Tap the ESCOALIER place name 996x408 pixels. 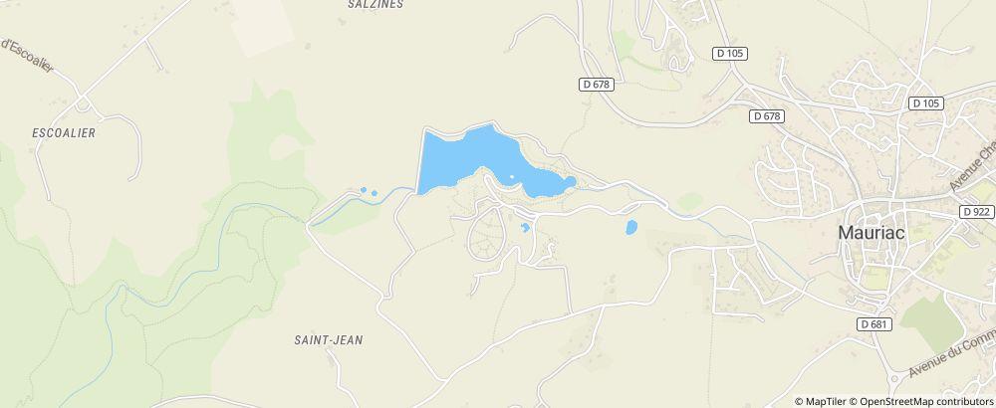(x=64, y=132)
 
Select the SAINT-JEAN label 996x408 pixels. (x=328, y=339)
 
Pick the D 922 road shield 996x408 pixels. (x=978, y=211)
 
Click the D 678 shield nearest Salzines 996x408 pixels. (x=595, y=85)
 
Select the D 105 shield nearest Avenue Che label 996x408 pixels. (x=926, y=102)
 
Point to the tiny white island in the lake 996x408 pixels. (x=512, y=177)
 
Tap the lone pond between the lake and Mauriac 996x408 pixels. (x=630, y=228)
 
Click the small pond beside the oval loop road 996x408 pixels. (x=525, y=228)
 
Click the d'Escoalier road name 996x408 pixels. (x=27, y=55)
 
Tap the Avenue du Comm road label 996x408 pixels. (x=951, y=356)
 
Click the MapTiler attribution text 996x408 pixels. (x=823, y=401)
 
